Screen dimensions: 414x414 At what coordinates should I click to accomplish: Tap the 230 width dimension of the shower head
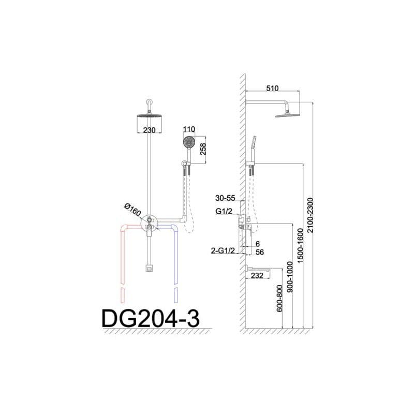149,130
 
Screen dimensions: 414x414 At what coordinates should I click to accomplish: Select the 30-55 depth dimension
226,198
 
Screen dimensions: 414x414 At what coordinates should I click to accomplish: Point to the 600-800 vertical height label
280,301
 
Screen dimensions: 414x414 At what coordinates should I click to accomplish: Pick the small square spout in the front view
149,268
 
